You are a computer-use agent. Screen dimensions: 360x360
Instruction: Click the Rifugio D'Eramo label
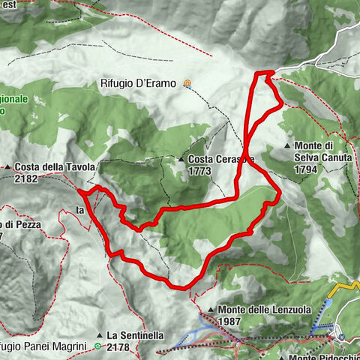[142, 84]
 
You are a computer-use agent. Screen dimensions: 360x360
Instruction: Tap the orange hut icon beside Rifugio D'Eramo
[187, 84]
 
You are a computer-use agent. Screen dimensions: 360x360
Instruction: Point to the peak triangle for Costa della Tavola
[7, 166]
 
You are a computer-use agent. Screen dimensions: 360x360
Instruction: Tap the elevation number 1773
[199, 171]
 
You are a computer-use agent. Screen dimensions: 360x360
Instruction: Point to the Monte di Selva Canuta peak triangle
[287, 145]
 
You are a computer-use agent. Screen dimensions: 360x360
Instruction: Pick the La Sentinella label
[139, 334]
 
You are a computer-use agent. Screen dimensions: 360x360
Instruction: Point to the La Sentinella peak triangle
[99, 334]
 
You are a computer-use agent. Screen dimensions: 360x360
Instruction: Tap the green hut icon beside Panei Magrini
[98, 346]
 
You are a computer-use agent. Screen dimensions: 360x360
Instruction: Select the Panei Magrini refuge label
[45, 346]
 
